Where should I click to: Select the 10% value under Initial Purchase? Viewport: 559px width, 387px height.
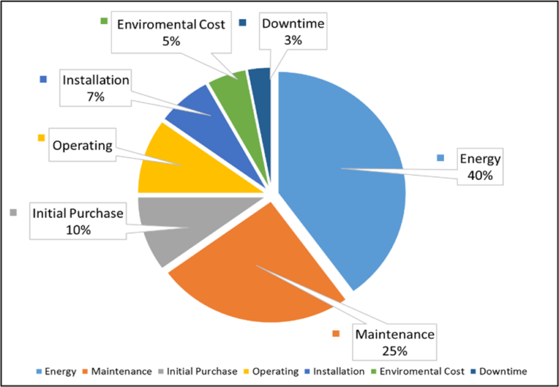(78, 230)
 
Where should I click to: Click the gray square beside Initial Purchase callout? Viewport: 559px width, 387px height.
(13, 213)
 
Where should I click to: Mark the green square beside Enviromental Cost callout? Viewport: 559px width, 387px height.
(104, 23)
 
